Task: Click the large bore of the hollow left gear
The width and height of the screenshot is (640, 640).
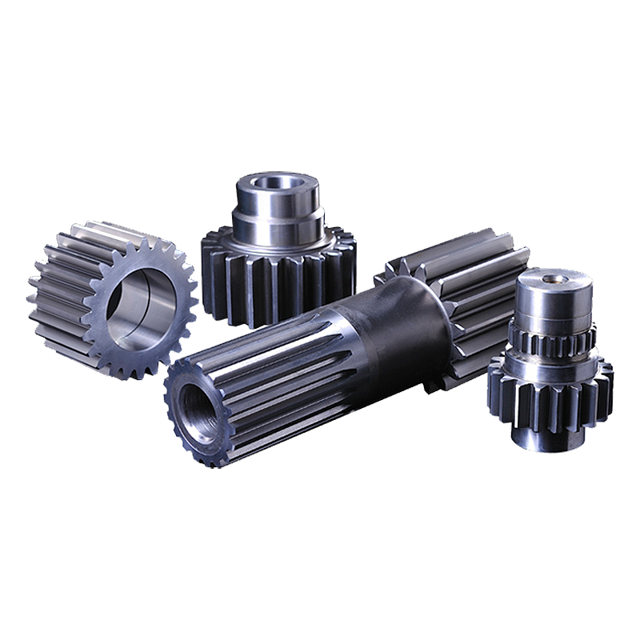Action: tap(142, 308)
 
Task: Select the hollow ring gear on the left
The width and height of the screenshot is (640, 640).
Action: tap(112, 300)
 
